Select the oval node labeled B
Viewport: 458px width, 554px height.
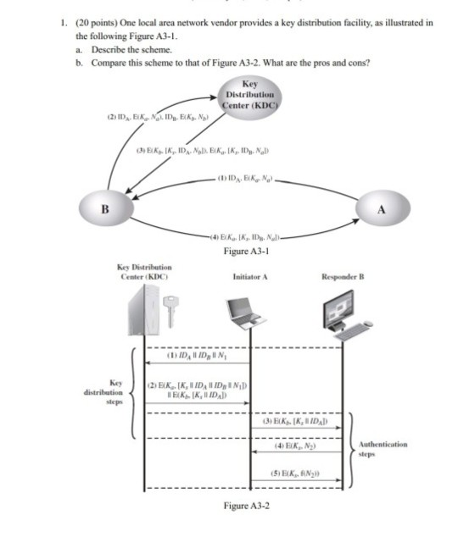107,209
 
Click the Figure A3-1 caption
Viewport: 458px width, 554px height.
248,252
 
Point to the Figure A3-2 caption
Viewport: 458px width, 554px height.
247,505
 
